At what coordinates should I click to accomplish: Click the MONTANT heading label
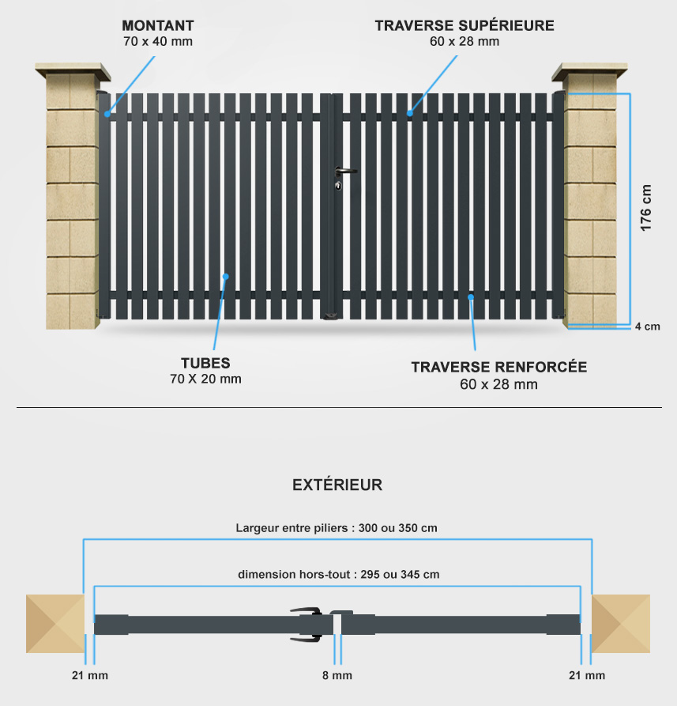click(x=158, y=25)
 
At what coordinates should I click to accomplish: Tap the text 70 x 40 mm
click(x=158, y=41)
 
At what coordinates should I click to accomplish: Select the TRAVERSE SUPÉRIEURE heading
click(x=464, y=25)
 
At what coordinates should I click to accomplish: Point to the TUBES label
click(x=205, y=363)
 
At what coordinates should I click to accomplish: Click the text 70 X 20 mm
click(x=205, y=379)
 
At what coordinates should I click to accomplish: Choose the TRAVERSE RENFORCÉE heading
click(x=499, y=367)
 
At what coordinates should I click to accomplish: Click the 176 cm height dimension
click(x=645, y=208)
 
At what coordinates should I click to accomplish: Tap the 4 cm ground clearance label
click(x=648, y=327)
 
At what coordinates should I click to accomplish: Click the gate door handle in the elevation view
click(x=345, y=171)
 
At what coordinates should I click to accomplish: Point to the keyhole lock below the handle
click(x=338, y=186)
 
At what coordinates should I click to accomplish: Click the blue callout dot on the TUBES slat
click(x=226, y=277)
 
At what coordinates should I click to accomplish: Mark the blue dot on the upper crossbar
click(x=410, y=114)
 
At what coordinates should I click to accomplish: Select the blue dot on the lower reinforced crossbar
click(x=471, y=297)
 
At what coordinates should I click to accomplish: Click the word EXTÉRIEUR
click(x=337, y=485)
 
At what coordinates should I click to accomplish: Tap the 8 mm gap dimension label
click(x=337, y=675)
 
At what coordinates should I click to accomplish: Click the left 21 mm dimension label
click(x=90, y=675)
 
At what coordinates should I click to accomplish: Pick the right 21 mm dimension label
click(x=587, y=675)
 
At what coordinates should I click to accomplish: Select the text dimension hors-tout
click(x=294, y=575)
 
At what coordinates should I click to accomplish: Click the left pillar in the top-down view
click(x=55, y=624)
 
